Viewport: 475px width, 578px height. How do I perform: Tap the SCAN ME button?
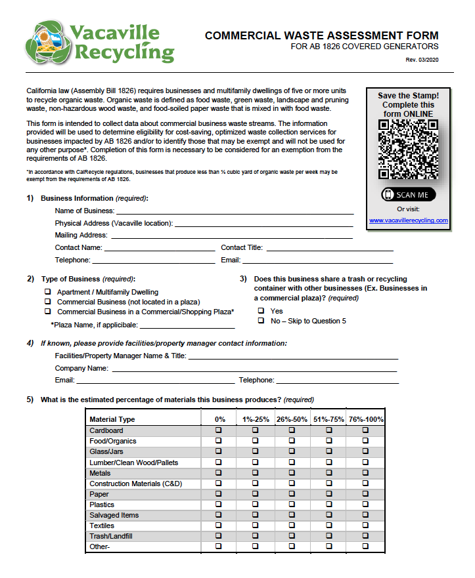click(408, 195)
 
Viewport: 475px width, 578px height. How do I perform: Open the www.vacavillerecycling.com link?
click(408, 220)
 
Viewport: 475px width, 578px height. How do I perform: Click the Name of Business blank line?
click(235, 211)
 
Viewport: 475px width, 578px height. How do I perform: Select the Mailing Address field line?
click(231, 236)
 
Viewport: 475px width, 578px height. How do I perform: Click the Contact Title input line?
click(329, 248)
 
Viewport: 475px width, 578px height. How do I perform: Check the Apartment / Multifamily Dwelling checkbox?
click(48, 292)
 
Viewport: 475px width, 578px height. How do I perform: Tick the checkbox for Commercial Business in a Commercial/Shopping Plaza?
click(48, 312)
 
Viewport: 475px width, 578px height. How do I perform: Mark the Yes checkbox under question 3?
click(261, 311)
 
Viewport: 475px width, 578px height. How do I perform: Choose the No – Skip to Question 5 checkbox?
click(261, 321)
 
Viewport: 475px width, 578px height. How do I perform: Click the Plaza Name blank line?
click(187, 325)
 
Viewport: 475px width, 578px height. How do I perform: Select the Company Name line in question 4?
click(254, 369)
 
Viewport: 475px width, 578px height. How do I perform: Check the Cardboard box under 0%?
click(219, 430)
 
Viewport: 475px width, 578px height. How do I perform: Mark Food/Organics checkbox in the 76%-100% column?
click(365, 441)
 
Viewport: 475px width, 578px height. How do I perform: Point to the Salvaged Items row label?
click(114, 515)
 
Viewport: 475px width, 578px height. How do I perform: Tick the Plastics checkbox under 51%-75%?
click(328, 505)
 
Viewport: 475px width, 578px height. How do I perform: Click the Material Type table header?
click(112, 419)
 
